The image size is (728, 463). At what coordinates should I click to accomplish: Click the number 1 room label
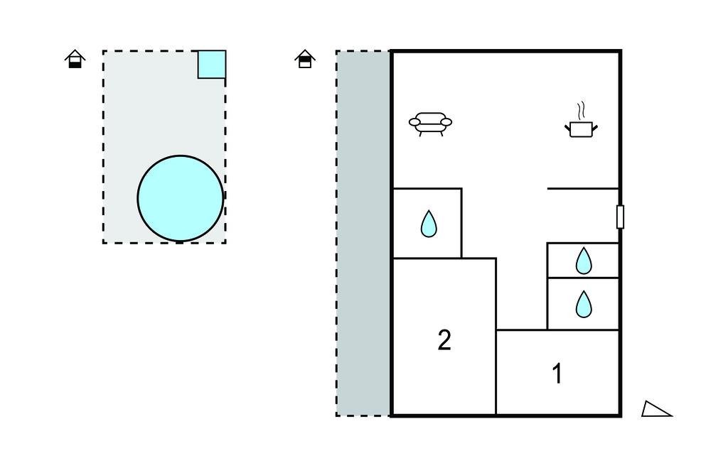[557, 374]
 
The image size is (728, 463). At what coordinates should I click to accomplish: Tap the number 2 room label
[444, 341]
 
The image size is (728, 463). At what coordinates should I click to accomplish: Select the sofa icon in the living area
[430, 124]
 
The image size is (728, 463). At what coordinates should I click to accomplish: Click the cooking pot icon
[582, 129]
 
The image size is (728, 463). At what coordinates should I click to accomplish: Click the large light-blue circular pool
[180, 199]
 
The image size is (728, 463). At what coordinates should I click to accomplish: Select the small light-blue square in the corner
[211, 65]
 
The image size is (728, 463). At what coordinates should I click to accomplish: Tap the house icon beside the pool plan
[75, 59]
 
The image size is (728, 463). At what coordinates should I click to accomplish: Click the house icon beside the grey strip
[305, 59]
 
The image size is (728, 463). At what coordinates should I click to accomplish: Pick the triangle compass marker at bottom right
[655, 409]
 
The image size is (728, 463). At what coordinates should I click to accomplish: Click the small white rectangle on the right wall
[620, 217]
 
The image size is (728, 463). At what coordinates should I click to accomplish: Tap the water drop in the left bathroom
[428, 224]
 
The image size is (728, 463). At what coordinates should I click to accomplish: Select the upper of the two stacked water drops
[584, 261]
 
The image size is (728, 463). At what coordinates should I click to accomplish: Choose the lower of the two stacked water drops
[584, 304]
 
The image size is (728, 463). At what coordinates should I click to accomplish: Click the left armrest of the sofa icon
[414, 123]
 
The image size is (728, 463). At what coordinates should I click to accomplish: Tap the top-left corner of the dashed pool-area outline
[103, 51]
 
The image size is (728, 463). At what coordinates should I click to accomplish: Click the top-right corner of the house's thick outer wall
[620, 52]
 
